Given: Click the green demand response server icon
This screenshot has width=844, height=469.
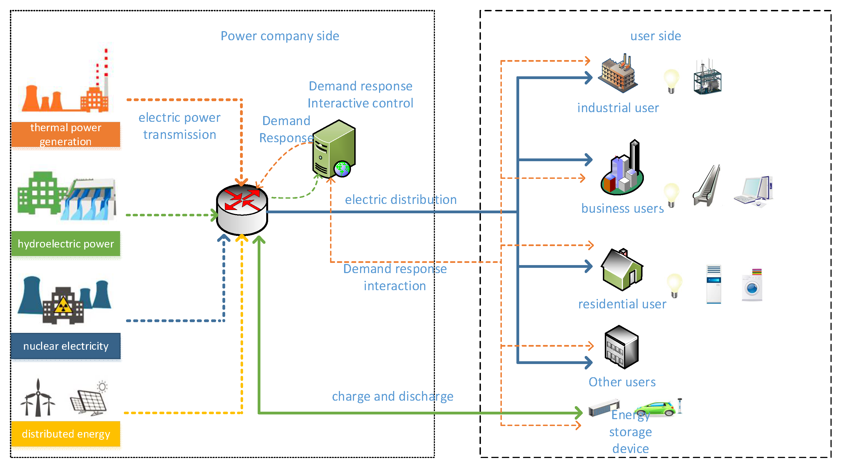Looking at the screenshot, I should click(x=334, y=149).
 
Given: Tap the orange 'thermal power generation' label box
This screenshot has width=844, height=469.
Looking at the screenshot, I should click(x=66, y=134).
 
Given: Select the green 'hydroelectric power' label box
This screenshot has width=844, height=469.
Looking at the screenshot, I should click(x=66, y=244).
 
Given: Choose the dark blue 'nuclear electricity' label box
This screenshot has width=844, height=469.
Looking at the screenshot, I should click(x=66, y=346).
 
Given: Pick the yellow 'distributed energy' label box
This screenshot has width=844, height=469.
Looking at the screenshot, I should click(x=66, y=434).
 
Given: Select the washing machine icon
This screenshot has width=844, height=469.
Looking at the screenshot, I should click(x=752, y=285).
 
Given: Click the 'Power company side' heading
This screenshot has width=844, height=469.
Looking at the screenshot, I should click(x=280, y=36).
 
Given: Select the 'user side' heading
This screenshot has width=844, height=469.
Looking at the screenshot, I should click(x=656, y=36).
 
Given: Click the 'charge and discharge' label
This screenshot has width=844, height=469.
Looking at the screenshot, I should click(x=393, y=397).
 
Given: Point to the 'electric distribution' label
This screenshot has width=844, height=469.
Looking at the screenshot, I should click(x=401, y=200).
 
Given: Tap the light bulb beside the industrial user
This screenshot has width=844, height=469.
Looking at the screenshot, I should click(x=671, y=81).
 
